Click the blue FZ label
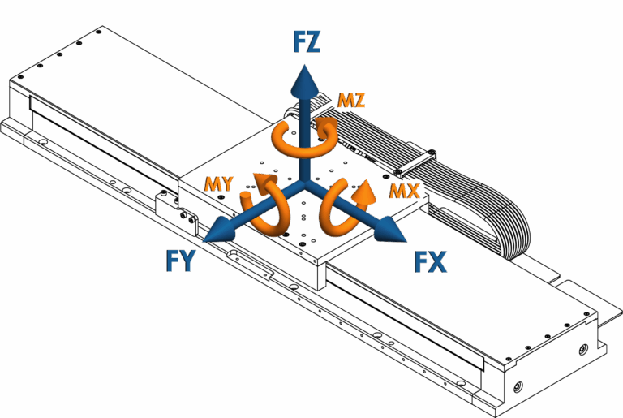[306, 42]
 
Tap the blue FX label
[430, 262]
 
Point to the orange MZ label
[351, 101]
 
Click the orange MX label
[404, 192]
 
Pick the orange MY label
[219, 184]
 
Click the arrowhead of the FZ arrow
[304, 81]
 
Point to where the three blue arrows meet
[304, 185]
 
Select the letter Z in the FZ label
[313, 42]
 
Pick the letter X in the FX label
[439, 262]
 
